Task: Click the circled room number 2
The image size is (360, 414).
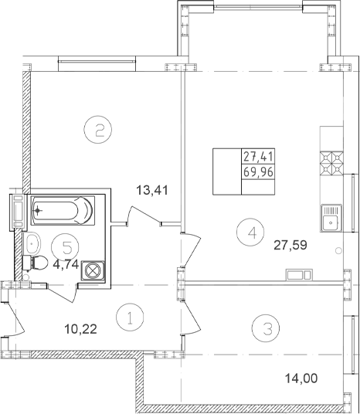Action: (98, 130)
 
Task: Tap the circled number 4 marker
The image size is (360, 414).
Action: (250, 232)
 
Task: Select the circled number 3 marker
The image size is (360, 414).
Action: (266, 328)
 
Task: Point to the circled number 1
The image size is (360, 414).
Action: (130, 317)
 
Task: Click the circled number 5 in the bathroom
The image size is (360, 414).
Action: (65, 246)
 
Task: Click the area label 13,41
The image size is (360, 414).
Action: (152, 190)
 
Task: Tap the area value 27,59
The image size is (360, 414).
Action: (290, 246)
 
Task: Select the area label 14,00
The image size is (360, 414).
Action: (301, 378)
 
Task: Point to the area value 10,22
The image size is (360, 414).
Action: (81, 329)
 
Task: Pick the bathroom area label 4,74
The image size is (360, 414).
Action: (66, 264)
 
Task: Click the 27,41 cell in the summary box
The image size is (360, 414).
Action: (258, 157)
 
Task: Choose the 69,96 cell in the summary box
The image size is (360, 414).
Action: (258, 172)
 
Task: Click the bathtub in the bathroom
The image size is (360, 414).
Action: (63, 210)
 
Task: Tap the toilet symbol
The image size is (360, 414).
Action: (35, 263)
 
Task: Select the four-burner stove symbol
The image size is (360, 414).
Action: (331, 163)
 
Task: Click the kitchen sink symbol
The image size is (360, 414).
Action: (331, 219)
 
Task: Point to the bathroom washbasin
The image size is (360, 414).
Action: (32, 243)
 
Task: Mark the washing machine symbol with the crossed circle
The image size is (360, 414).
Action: (93, 271)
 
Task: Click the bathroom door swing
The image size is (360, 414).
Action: (63, 293)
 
